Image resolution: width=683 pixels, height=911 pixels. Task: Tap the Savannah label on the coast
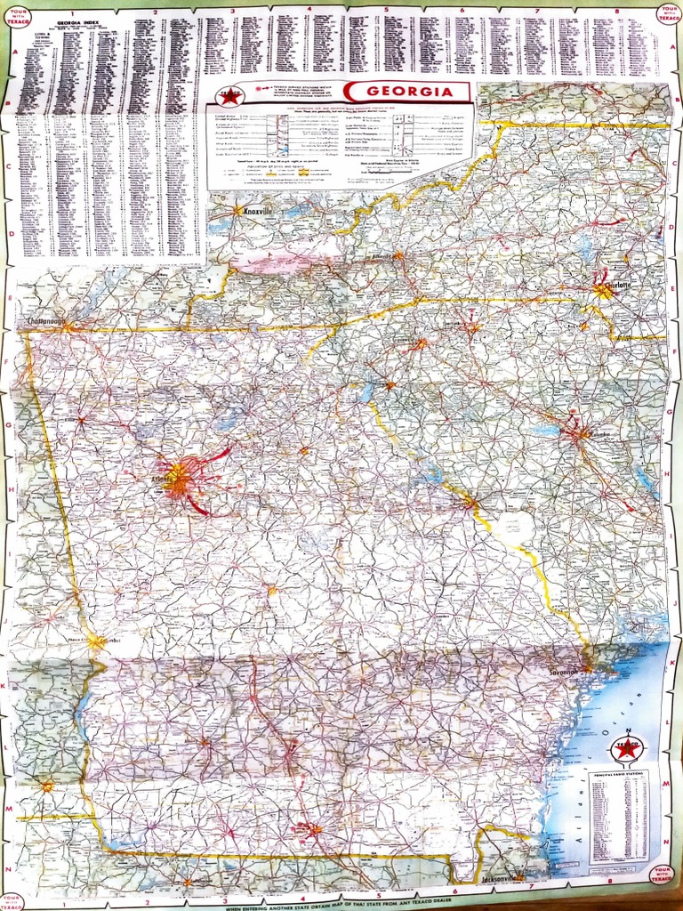564,672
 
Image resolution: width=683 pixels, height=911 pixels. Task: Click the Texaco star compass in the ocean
628,748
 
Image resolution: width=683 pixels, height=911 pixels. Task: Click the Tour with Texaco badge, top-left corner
17,17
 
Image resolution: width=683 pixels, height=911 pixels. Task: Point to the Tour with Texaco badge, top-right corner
666,15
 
